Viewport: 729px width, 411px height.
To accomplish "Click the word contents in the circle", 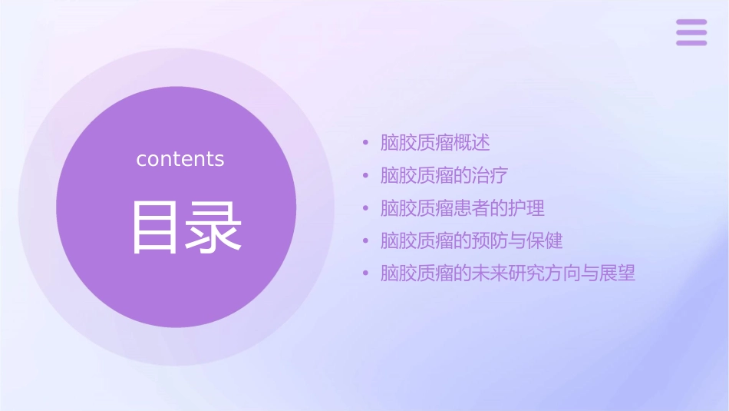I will click(180, 159).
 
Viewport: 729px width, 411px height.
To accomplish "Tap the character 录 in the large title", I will click(210, 227).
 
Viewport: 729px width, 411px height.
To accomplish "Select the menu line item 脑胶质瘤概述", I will click(435, 143).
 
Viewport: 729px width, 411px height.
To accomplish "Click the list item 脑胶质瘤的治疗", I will click(444, 175).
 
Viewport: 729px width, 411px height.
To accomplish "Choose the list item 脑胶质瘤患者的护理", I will click(462, 208).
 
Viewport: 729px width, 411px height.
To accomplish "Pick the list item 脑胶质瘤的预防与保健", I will click(471, 240).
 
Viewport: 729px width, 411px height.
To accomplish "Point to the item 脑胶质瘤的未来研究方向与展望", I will click(508, 273).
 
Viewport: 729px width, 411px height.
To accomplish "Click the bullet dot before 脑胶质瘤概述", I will click(366, 143).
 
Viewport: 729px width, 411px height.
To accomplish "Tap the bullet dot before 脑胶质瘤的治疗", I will click(366, 175).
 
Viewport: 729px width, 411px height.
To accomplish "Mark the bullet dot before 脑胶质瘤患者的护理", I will click(366, 208).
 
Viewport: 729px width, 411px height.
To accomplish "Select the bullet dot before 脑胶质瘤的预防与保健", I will click(366, 240).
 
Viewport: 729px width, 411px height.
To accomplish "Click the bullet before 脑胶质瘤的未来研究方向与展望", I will click(366, 273).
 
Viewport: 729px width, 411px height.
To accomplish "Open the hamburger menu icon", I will click(691, 33).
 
